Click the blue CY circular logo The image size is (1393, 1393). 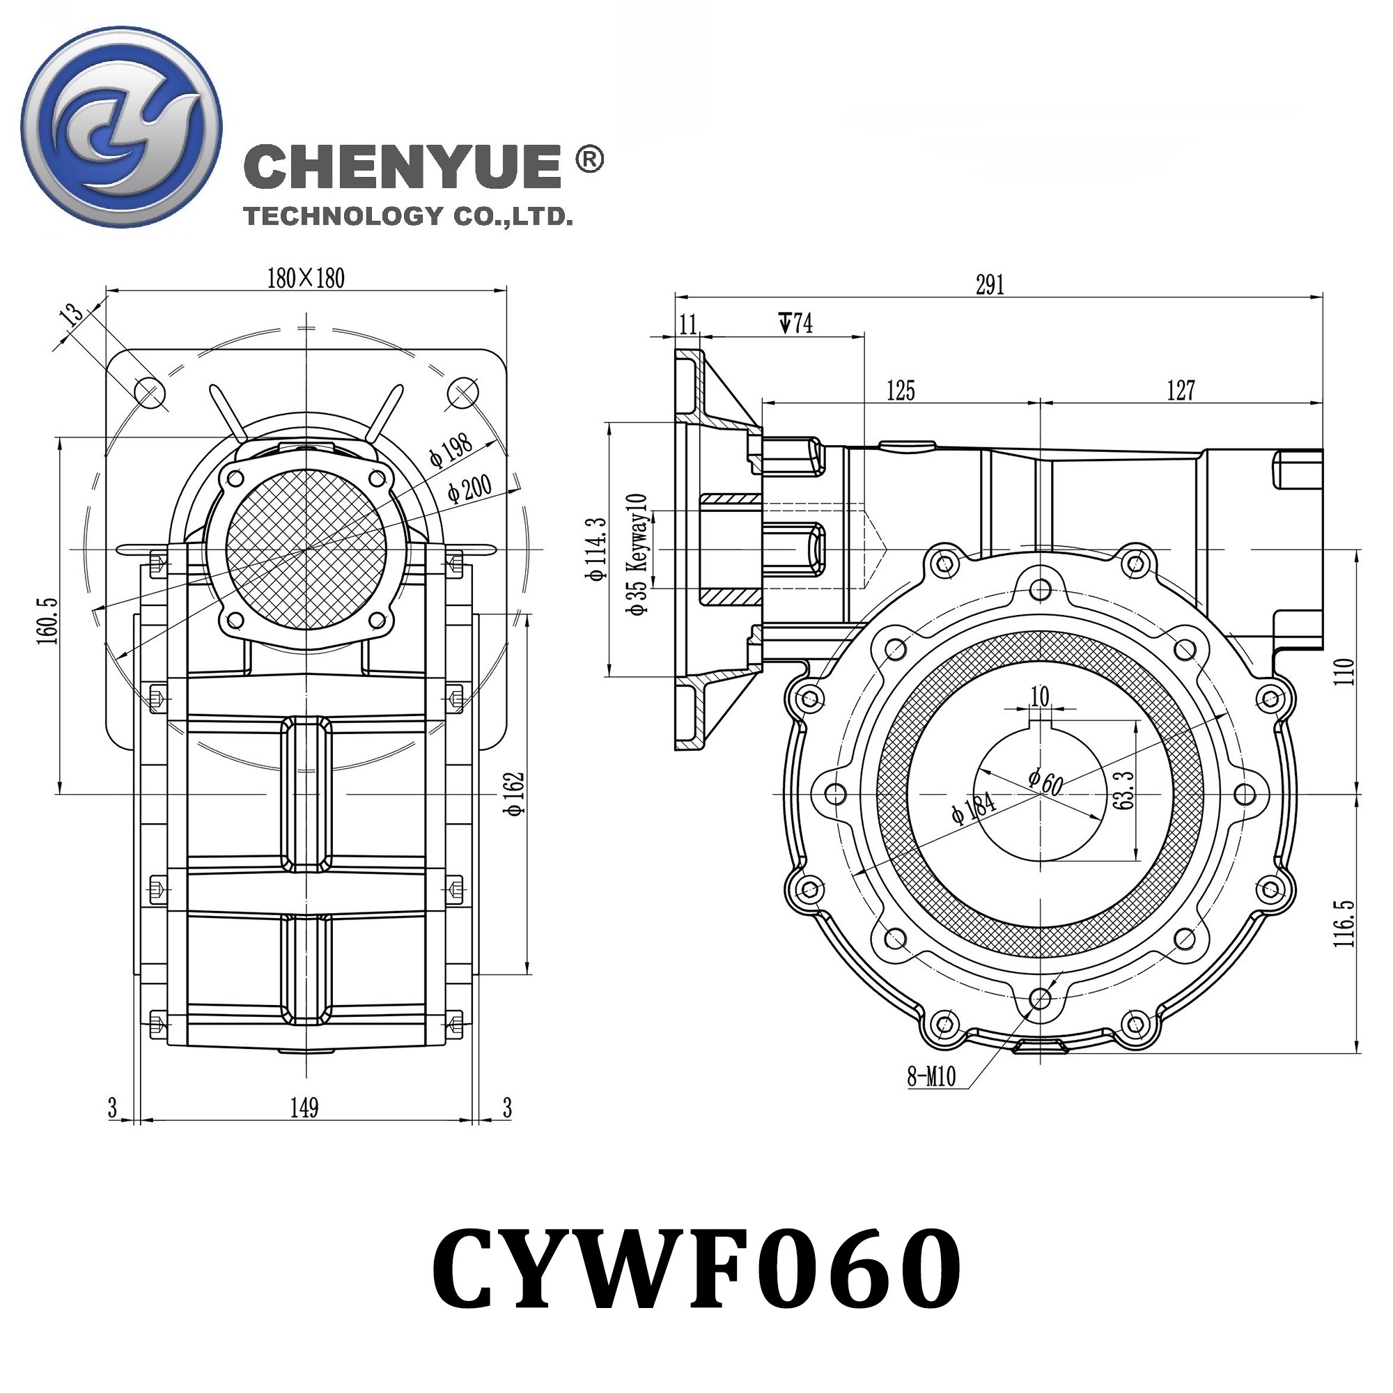[x=121, y=127]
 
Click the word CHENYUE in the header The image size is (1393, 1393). [x=403, y=166]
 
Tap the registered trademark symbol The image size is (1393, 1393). [x=590, y=159]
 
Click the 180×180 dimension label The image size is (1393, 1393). [x=306, y=279]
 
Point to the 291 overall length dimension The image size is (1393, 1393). [x=990, y=286]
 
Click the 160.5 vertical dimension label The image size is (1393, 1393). [x=48, y=620]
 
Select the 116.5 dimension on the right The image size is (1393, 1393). [x=1344, y=924]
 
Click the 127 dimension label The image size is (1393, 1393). [x=1181, y=391]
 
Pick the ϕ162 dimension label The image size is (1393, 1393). [x=515, y=794]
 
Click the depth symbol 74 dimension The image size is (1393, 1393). [x=796, y=323]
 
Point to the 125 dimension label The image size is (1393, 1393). [x=901, y=391]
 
